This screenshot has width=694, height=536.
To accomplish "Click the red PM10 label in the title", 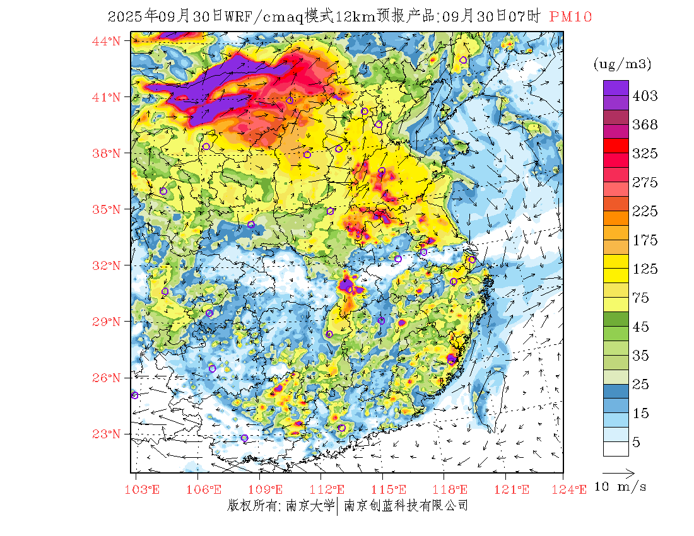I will [x=570, y=17].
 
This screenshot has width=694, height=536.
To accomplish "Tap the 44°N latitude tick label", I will [x=106, y=41].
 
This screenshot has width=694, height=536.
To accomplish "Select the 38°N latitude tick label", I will [x=106, y=153].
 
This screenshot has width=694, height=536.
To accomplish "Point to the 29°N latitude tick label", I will [x=106, y=322].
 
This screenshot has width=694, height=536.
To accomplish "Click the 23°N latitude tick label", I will [x=106, y=434].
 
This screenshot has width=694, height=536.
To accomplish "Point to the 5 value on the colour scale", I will [x=637, y=443].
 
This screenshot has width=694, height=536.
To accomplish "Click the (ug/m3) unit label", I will [x=622, y=64].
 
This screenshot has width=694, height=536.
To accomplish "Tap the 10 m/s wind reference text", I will [x=621, y=487].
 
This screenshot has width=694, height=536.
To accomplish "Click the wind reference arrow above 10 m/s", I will [x=618, y=472].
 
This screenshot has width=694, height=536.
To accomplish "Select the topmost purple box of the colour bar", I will [x=616, y=88].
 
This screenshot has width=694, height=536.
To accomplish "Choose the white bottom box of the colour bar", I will [x=616, y=448].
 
